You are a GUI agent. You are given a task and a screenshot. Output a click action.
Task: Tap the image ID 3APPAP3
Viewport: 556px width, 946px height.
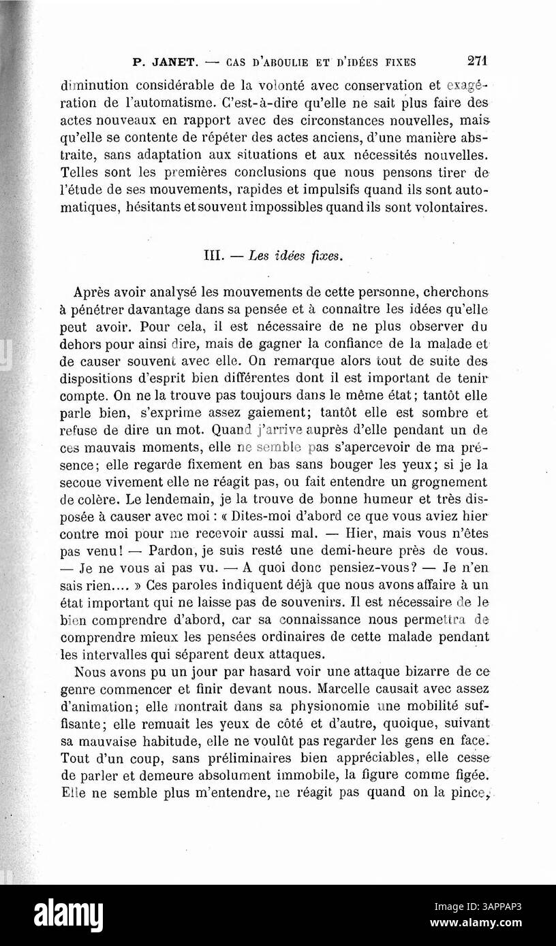click(x=504, y=907)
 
